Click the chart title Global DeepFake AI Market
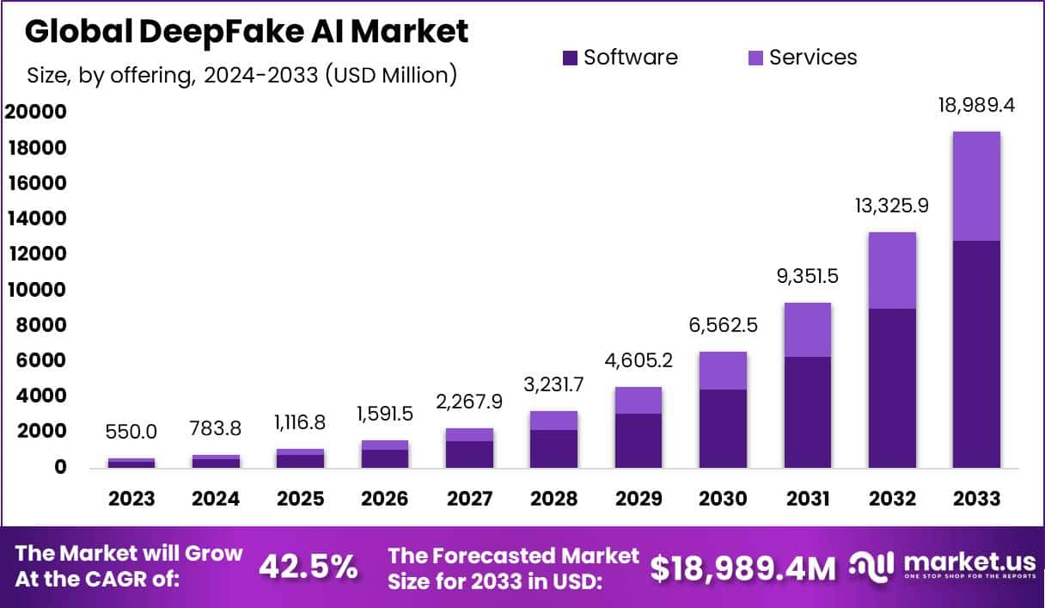pos(247,32)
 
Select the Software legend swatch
pos(571,58)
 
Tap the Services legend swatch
pos(756,58)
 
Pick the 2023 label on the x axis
pos(131,499)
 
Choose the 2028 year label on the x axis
pos(553,499)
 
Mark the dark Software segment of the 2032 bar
pos(891,388)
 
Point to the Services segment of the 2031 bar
pos(806,329)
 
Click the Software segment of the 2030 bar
pos(722,428)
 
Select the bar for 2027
pos(469,448)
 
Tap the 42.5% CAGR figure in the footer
pos(308,566)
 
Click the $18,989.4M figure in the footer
pos(742,567)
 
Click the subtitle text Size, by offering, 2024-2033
pos(241,75)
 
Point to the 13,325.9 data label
pos(891,207)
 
